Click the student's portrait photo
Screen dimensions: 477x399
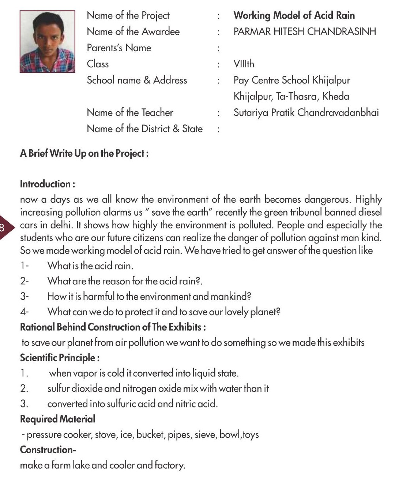click(47, 41)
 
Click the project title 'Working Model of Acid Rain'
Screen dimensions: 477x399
click(294, 15)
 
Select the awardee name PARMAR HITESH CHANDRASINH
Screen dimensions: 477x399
click(304, 31)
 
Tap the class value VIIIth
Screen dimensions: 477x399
click(244, 64)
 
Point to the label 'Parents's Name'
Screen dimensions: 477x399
click(119, 48)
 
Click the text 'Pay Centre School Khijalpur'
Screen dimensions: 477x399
click(291, 80)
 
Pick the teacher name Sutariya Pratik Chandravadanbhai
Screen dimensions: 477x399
click(306, 112)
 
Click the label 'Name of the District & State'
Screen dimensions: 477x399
click(144, 129)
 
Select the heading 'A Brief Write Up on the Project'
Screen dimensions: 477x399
click(84, 153)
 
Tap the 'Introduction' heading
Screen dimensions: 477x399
click(48, 184)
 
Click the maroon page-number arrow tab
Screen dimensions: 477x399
click(5, 228)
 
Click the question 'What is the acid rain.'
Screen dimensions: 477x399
click(90, 265)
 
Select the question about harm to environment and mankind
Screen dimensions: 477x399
click(149, 296)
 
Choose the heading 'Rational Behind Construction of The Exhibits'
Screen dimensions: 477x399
click(113, 327)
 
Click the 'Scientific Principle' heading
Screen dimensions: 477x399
click(60, 358)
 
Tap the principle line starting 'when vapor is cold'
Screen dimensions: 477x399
click(143, 373)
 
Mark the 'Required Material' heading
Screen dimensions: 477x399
click(57, 419)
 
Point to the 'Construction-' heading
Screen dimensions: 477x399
click(48, 450)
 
